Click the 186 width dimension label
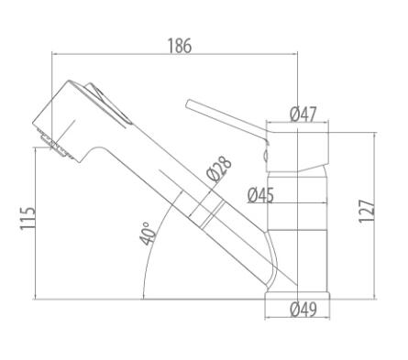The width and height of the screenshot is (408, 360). (180, 46)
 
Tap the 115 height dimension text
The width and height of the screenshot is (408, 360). (28, 218)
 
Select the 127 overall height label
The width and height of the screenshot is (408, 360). (367, 212)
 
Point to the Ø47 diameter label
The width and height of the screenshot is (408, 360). (303, 115)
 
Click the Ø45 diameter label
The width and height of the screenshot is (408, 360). (260, 195)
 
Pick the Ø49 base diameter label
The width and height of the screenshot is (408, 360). (303, 310)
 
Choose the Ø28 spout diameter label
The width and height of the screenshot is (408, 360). (219, 169)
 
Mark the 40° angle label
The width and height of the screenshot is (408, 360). (148, 234)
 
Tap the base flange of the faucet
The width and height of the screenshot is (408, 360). (297, 296)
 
